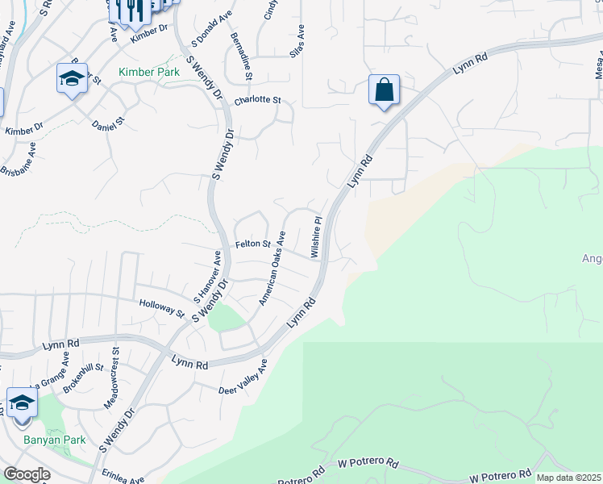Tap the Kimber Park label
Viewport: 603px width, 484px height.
149,72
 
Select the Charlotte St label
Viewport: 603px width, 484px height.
256,101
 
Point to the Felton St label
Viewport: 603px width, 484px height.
251,244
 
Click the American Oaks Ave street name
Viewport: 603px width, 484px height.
272,269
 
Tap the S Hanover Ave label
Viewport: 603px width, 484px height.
206,275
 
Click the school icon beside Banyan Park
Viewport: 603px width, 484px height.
22,403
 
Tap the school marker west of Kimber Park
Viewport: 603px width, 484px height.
72,79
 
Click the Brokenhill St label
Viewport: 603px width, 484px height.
84,377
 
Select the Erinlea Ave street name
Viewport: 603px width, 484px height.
123,476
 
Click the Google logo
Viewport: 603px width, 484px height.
27,474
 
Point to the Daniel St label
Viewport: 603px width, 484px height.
108,125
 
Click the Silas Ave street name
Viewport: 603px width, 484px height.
300,37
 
